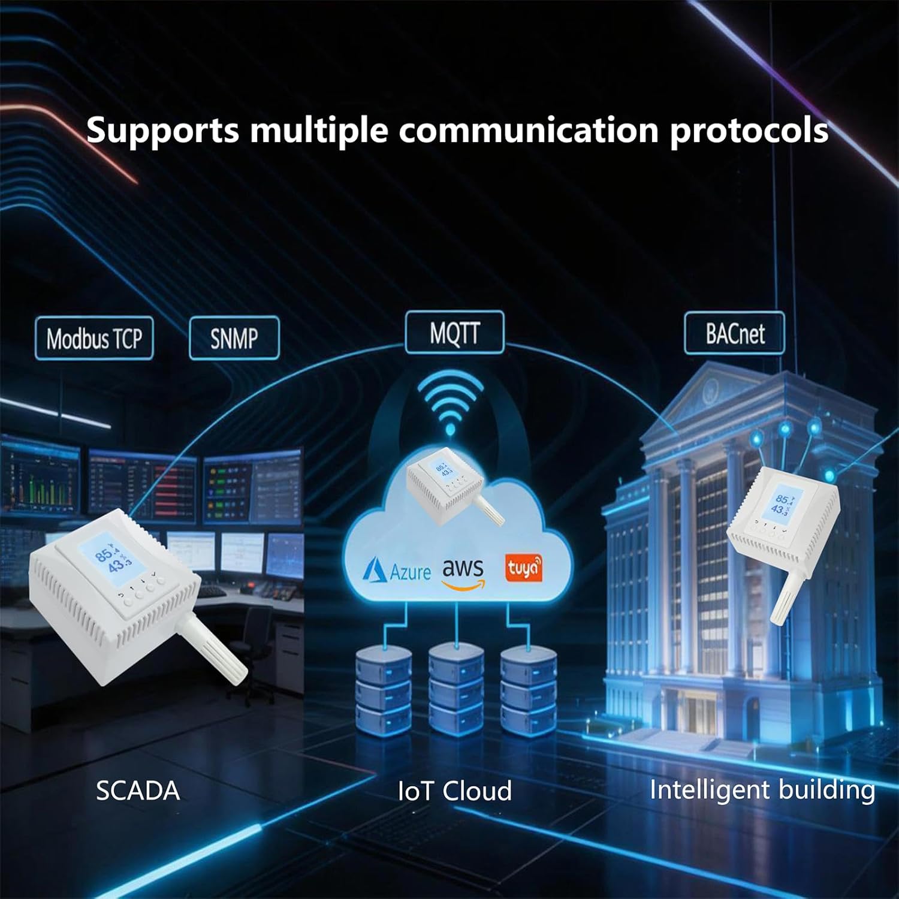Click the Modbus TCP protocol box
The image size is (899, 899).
(x=94, y=339)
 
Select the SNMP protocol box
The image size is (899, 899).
(x=234, y=338)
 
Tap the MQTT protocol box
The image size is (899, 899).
(x=454, y=333)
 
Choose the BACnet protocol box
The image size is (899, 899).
(x=734, y=333)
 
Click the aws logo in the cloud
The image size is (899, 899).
(x=462, y=573)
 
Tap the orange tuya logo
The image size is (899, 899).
(x=523, y=569)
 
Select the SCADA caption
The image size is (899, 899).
(x=138, y=791)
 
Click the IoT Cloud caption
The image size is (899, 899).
(x=455, y=791)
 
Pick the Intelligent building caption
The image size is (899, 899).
(x=762, y=789)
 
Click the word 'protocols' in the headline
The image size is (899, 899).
(x=749, y=131)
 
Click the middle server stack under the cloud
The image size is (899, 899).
(x=456, y=689)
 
